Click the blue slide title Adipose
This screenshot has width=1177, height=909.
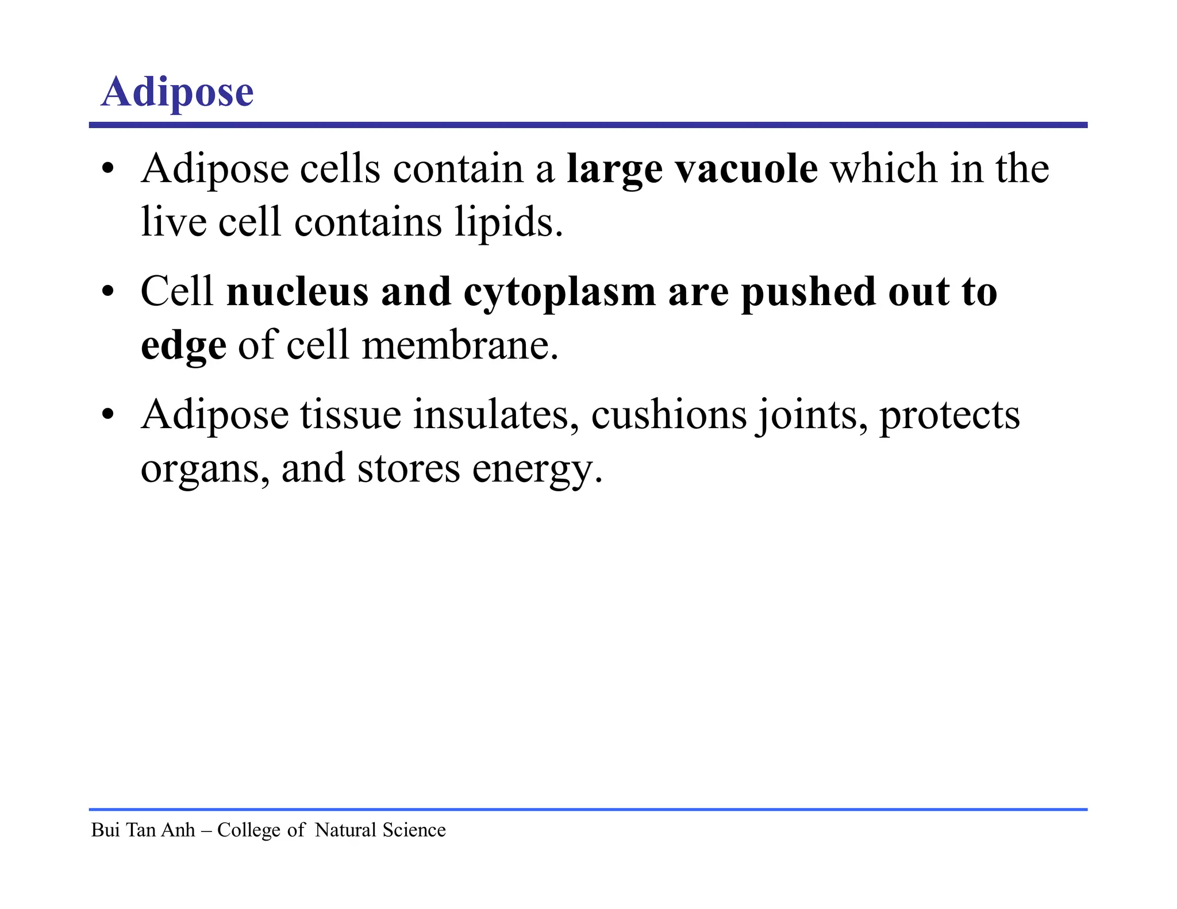pos(177,92)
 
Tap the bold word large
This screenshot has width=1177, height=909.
pos(614,170)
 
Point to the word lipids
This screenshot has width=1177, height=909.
pos(509,222)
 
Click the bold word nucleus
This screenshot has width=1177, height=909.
pos(297,292)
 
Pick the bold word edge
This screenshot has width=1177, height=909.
pos(183,346)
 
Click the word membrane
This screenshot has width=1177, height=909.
pos(460,345)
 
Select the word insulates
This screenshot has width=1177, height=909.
pos(495,415)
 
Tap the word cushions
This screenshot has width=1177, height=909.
pos(669,415)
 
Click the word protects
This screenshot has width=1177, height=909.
pos(949,415)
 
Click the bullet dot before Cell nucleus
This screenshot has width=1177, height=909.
pos(107,292)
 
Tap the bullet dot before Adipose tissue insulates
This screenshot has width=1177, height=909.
pos(107,415)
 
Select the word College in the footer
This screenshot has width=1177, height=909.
pos(249,830)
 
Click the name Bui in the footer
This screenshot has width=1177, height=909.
pos(105,830)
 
